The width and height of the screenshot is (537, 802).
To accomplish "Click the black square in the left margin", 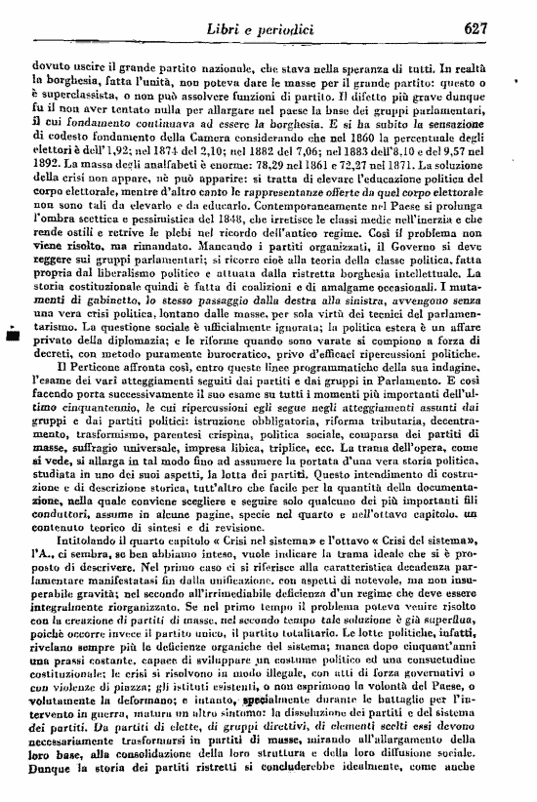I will click(13, 337).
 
